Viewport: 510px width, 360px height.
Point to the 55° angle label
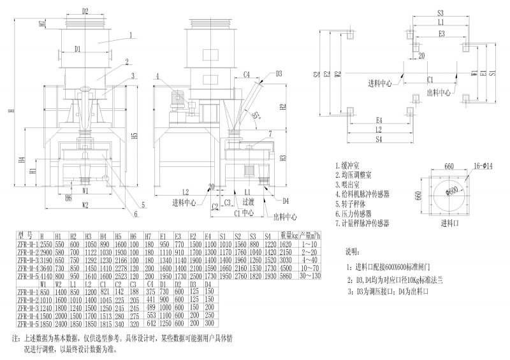256,116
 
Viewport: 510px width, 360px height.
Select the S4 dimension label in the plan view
379,138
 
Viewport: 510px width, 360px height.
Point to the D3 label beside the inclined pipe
279,73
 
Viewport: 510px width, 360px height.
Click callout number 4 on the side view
156,76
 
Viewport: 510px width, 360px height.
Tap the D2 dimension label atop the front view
85,11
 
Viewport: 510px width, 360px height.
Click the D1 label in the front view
77,48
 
